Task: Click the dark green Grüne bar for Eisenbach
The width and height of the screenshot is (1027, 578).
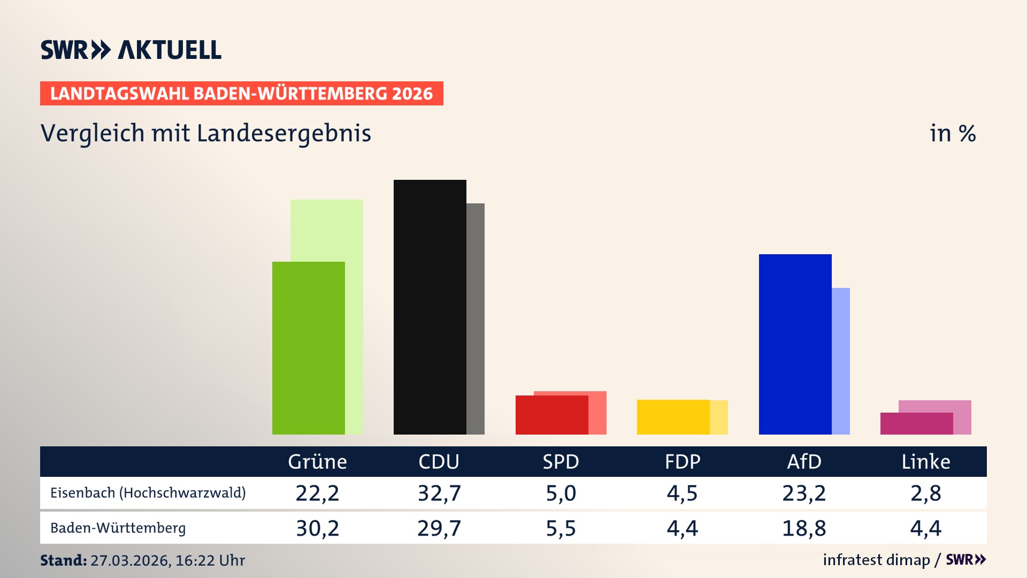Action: coord(308,348)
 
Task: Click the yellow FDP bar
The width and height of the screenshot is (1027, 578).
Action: coord(673,417)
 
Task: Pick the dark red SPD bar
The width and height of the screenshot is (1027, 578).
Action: coord(551,415)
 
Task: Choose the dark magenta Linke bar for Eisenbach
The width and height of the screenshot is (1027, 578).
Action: coord(916,423)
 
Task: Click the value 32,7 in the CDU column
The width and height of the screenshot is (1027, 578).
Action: coord(439,493)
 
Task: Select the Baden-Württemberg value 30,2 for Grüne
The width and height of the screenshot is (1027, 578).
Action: coord(317,528)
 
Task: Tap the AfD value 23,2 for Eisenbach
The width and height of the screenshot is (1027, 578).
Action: coord(804,493)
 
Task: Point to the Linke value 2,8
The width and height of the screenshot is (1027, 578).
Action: coord(925,493)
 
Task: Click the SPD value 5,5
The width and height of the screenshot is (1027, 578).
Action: coord(561,528)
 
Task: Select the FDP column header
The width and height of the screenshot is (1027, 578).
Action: coord(683,461)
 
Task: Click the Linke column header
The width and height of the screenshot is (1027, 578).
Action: coord(925,461)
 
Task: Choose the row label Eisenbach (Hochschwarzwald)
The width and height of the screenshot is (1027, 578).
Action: coord(148,493)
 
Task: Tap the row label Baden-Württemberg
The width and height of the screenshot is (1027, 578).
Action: coord(118,528)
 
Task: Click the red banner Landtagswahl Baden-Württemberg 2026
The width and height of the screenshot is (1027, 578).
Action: coord(241,93)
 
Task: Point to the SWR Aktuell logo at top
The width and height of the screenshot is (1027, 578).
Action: coord(131,50)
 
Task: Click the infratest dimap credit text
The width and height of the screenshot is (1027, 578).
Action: coord(876,560)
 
